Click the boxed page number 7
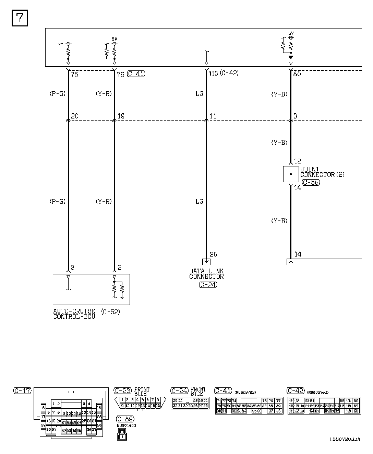[20, 18]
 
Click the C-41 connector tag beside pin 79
[136, 73]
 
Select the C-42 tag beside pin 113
[229, 73]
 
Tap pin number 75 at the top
[74, 75]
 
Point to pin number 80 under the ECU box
[297, 73]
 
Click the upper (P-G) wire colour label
[57, 93]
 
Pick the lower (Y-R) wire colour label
[104, 202]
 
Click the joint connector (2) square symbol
[291, 174]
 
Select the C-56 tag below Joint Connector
[311, 182]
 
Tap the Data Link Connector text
[206, 274]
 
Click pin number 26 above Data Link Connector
[213, 254]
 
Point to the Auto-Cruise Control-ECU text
[74, 314]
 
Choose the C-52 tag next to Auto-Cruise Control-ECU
[111, 312]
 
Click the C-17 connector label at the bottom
[22, 390]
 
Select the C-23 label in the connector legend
[122, 390]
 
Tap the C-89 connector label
[125, 419]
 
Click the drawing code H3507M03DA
[345, 439]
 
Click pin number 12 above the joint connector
[297, 161]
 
